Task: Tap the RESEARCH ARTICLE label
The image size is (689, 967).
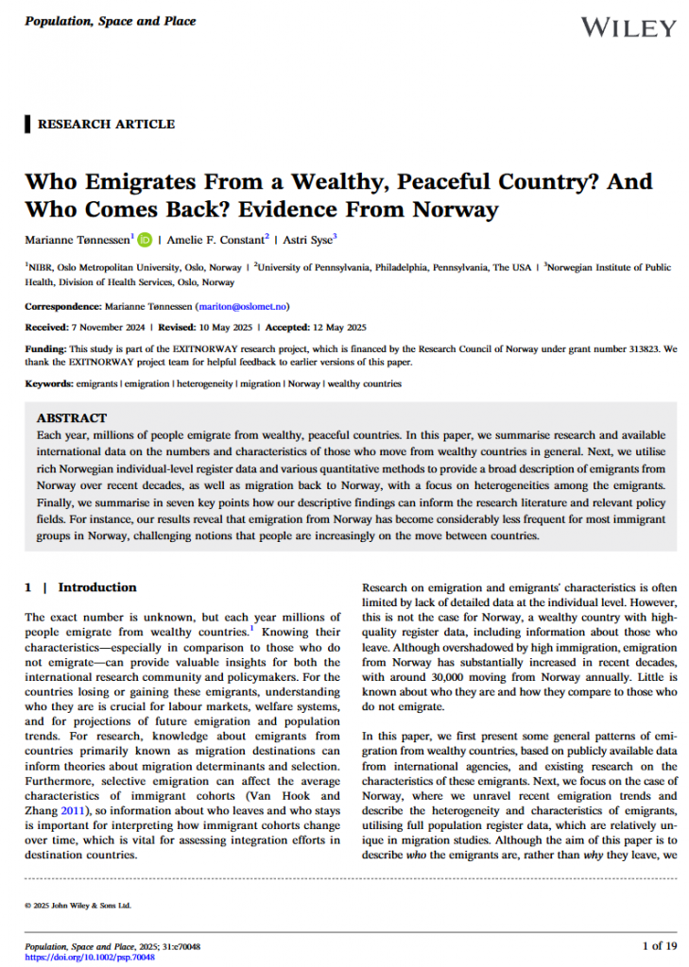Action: point(106,124)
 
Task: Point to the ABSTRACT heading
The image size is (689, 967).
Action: point(72,417)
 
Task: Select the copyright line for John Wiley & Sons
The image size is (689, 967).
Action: point(78,905)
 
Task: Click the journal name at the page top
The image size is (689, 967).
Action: point(110,21)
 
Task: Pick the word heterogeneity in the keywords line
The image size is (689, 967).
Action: point(203,384)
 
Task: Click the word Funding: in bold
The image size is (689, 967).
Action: point(45,348)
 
